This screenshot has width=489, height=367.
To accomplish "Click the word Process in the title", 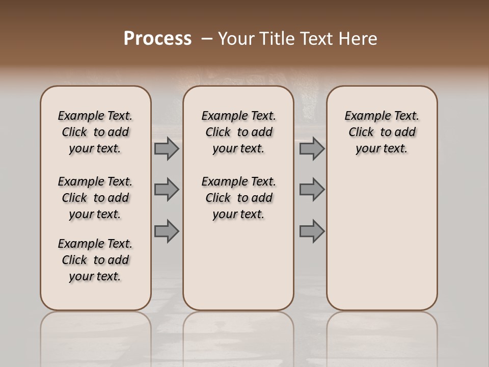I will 157,39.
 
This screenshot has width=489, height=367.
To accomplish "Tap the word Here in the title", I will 359,39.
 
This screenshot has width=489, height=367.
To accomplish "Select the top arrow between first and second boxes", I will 167,148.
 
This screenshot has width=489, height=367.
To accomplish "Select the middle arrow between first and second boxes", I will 167,190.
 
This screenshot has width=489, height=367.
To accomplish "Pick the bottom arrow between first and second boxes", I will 167,231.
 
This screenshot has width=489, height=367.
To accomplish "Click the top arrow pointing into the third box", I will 312,148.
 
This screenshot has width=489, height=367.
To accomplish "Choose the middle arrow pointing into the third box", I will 312,190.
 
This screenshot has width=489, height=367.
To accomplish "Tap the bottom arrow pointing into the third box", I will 312,231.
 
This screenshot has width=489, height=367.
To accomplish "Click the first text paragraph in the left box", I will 95,132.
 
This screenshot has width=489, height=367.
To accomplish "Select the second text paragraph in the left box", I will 95,198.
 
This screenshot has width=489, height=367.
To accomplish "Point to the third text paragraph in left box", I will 95,260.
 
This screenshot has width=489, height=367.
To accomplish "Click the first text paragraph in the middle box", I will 238,132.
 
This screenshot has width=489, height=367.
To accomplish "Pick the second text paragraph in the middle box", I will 238,198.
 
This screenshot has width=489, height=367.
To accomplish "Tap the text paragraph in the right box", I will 382,132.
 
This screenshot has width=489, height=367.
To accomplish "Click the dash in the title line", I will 207,39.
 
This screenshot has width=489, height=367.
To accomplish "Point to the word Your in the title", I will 236,39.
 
